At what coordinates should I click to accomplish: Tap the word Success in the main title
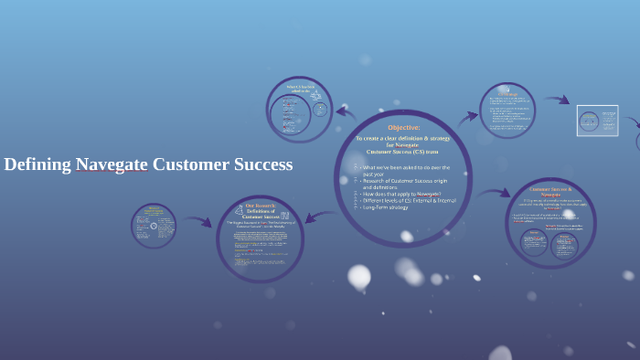(260, 164)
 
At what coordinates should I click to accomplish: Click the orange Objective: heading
(403, 127)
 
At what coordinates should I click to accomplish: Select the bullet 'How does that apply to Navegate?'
(401, 194)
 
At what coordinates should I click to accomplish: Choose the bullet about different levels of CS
(401, 200)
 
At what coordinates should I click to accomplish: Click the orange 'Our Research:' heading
(260, 206)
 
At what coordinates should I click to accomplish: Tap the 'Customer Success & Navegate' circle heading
(550, 191)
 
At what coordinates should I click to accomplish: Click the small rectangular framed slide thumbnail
(597, 121)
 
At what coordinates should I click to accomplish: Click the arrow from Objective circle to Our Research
(319, 217)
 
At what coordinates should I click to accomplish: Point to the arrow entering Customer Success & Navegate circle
(495, 193)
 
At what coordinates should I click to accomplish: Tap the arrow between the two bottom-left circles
(196, 220)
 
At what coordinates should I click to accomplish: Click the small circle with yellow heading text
(154, 226)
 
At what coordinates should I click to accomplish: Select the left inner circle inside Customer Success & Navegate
(534, 242)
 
